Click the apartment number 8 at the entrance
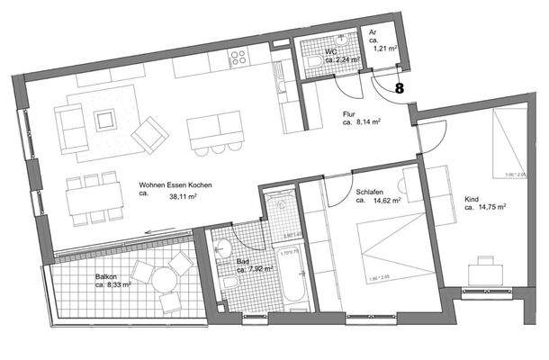coord(399,88)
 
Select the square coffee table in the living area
coord(106,117)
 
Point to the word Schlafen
coord(371,192)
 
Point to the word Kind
coord(472,198)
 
